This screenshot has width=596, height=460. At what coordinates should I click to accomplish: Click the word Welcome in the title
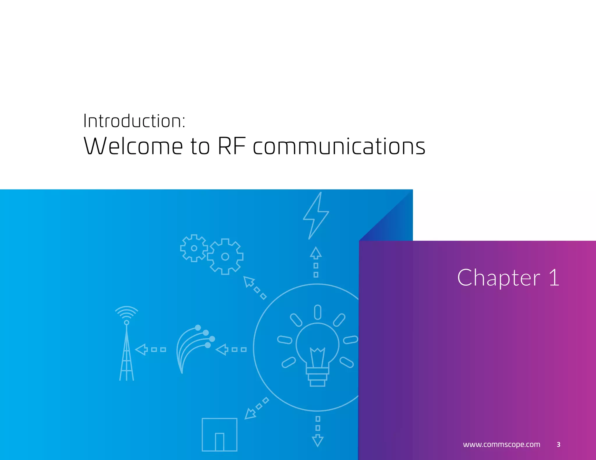(x=133, y=146)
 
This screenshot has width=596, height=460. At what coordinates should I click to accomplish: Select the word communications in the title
(x=339, y=146)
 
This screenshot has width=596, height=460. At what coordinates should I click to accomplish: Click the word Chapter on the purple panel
(x=498, y=278)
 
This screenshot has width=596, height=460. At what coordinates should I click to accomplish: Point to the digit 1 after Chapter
(x=554, y=278)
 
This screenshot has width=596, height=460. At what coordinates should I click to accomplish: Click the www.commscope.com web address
(x=501, y=444)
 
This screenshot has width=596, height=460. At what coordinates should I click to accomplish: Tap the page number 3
(x=558, y=444)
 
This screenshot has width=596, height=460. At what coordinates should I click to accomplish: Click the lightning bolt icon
(x=316, y=216)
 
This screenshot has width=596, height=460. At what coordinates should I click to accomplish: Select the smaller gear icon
(x=194, y=248)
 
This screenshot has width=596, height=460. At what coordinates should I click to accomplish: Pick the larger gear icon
(x=225, y=256)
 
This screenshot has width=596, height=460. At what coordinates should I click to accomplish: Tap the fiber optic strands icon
(x=194, y=347)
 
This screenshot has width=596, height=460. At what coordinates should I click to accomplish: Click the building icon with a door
(x=219, y=434)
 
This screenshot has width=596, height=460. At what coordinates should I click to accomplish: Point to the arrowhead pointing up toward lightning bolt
(x=316, y=253)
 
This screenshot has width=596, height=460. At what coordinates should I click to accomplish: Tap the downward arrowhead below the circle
(x=317, y=440)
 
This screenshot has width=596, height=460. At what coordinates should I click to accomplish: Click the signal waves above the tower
(x=127, y=312)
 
